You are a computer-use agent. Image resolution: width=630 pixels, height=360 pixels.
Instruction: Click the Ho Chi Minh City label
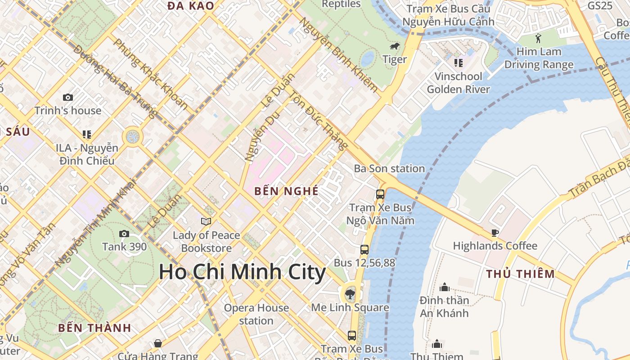[x=242, y=272]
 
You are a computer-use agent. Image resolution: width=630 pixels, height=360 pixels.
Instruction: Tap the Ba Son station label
[x=389, y=169]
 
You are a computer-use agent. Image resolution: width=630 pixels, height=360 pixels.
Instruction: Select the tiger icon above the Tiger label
[x=395, y=46]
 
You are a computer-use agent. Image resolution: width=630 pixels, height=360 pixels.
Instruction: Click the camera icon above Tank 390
[x=124, y=234]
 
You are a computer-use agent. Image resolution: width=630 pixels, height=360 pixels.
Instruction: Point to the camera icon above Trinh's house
[x=68, y=97]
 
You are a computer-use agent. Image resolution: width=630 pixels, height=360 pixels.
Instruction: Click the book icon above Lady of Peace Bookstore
[x=206, y=221]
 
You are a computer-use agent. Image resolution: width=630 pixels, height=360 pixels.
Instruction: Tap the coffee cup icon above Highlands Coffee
[x=495, y=233]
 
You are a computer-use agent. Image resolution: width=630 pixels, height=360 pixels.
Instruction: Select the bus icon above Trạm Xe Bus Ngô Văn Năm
[x=380, y=194]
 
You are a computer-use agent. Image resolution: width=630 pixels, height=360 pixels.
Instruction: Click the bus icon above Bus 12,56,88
[x=364, y=249]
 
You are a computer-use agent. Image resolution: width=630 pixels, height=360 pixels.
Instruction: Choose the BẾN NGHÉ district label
[x=286, y=191]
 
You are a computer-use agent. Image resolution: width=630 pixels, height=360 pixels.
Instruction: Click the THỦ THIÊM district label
[x=521, y=274]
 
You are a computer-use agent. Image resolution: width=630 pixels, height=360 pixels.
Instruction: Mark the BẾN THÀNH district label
[x=94, y=328]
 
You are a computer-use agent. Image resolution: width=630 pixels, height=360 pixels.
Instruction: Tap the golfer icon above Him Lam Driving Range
[x=538, y=39]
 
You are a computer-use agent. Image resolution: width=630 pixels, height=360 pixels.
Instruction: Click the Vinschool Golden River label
[x=458, y=83]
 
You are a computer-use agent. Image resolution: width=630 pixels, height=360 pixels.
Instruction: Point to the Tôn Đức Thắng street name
[x=319, y=120]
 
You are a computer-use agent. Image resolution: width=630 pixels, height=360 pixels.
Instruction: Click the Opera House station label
[x=256, y=314]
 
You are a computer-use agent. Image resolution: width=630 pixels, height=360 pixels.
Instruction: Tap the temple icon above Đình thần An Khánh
[x=445, y=287]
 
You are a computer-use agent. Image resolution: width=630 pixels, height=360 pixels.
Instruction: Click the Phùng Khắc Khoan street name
[x=150, y=74]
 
